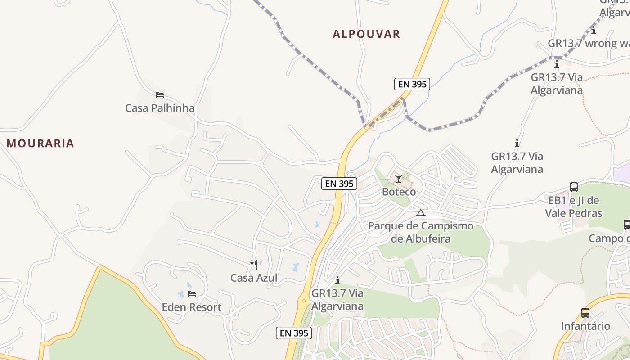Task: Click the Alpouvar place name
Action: [x=366, y=34]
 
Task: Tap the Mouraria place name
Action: [x=40, y=144]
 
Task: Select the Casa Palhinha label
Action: [x=160, y=108]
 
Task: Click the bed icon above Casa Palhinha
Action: [x=160, y=95]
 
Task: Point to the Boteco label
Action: [x=399, y=192]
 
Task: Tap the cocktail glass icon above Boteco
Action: [x=399, y=179]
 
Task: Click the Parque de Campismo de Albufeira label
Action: [x=421, y=232]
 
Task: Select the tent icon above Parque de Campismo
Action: [x=421, y=213]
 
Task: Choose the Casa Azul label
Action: [x=254, y=278]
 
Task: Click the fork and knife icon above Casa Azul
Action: [x=254, y=265]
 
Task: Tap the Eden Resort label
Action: [x=192, y=307]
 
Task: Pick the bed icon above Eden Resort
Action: [x=192, y=294]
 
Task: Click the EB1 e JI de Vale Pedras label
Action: [x=573, y=207]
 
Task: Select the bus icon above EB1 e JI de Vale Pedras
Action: [x=574, y=187]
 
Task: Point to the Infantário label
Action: [x=585, y=326]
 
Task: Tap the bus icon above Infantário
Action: [x=585, y=313]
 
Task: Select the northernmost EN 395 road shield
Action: [x=412, y=84]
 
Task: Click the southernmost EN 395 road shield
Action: [x=294, y=333]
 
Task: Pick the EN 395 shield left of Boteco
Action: [x=339, y=184]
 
